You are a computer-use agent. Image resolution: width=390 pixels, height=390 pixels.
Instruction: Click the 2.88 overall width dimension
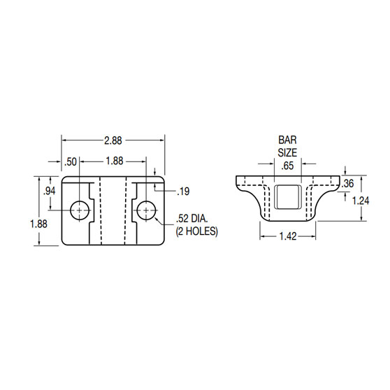[x=113, y=140]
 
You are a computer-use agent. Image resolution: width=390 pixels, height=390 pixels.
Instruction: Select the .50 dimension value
[x=71, y=161]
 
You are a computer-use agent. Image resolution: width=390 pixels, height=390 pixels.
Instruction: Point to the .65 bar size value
[x=287, y=166]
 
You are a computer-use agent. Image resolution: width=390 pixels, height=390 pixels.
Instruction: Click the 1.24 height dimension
[x=361, y=200]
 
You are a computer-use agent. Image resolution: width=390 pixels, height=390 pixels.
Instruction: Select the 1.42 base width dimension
[x=289, y=238]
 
